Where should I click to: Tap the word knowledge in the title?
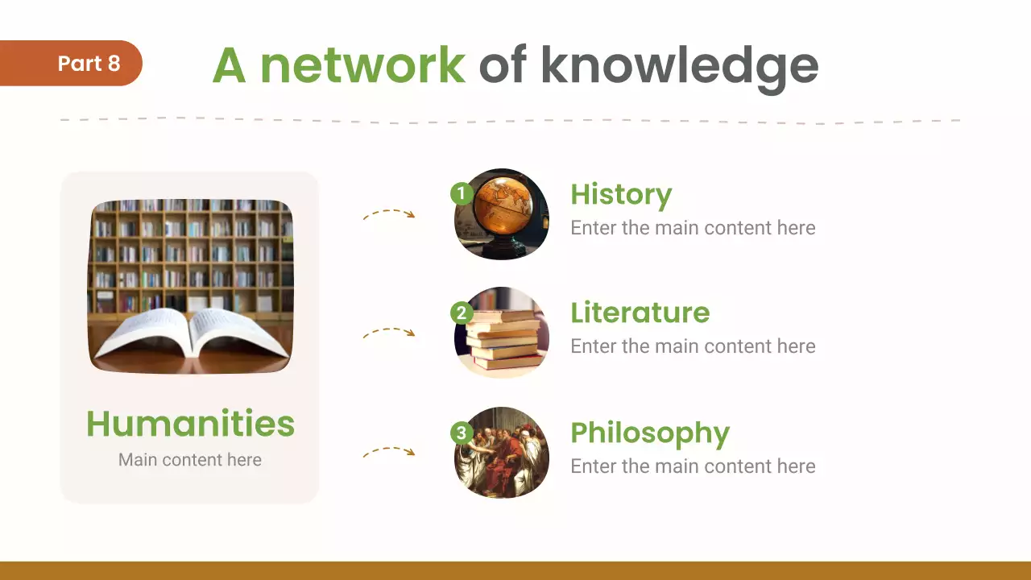click(x=679, y=66)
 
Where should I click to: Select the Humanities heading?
click(x=190, y=424)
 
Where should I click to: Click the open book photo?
click(x=190, y=287)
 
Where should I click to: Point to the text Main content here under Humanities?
click(x=190, y=460)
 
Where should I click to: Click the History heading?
click(x=620, y=195)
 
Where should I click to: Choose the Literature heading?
click(x=640, y=313)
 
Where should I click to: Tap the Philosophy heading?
click(x=649, y=433)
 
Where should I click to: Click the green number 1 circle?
click(x=461, y=193)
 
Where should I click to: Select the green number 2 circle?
click(x=461, y=313)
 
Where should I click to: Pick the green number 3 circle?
click(x=461, y=433)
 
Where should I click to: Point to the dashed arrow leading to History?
click(x=389, y=214)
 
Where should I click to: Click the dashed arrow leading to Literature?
click(x=389, y=332)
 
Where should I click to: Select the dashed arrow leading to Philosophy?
click(x=389, y=452)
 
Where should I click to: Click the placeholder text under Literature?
click(x=693, y=346)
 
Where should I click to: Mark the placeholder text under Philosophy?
click(x=693, y=466)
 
